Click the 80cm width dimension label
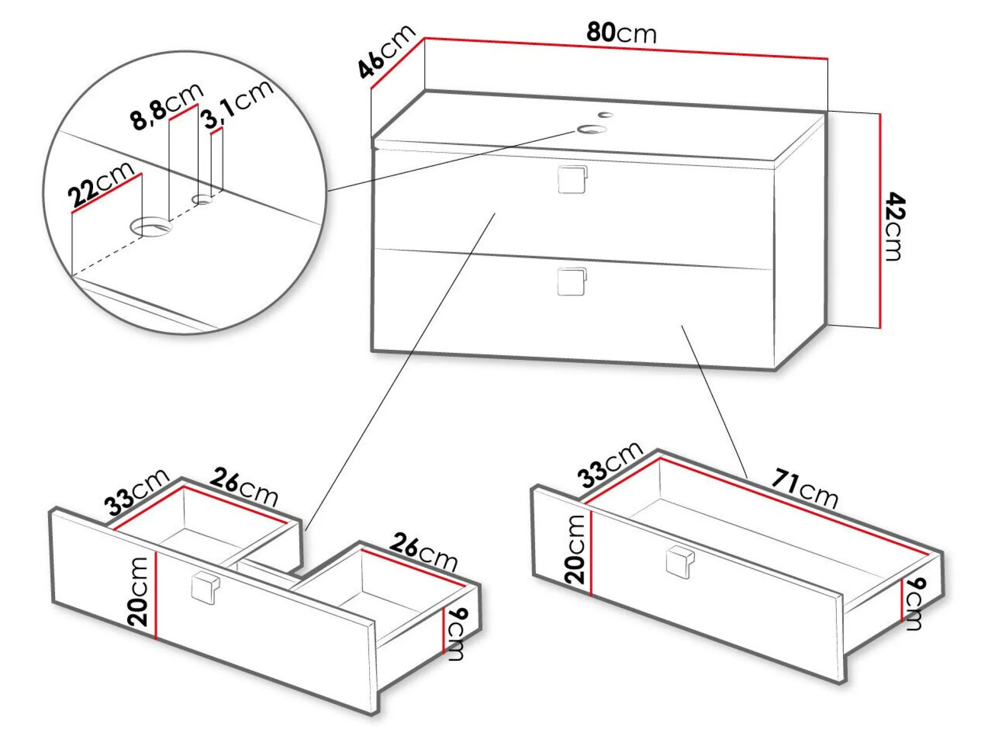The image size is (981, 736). click(x=621, y=32)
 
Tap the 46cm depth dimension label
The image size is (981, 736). click(x=386, y=52)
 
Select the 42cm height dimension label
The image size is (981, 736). click(x=895, y=226)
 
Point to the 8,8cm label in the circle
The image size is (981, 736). click(x=166, y=107)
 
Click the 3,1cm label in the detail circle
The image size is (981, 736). click(x=237, y=104)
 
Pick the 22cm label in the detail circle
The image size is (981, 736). click(x=101, y=185)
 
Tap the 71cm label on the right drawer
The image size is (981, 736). click(x=805, y=487)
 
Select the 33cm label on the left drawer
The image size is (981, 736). click(x=136, y=491)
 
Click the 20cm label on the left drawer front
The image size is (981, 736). click(x=138, y=592)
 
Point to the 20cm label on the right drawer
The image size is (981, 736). click(x=574, y=550)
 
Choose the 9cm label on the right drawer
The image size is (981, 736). click(x=915, y=604)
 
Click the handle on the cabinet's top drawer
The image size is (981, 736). click(x=572, y=179)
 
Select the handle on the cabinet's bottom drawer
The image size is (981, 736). click(x=572, y=282)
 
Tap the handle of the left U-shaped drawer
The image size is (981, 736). click(x=205, y=588)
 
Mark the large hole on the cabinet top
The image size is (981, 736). click(x=592, y=129)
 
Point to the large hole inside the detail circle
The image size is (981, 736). click(x=151, y=227)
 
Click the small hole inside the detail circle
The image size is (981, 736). click(x=203, y=199)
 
